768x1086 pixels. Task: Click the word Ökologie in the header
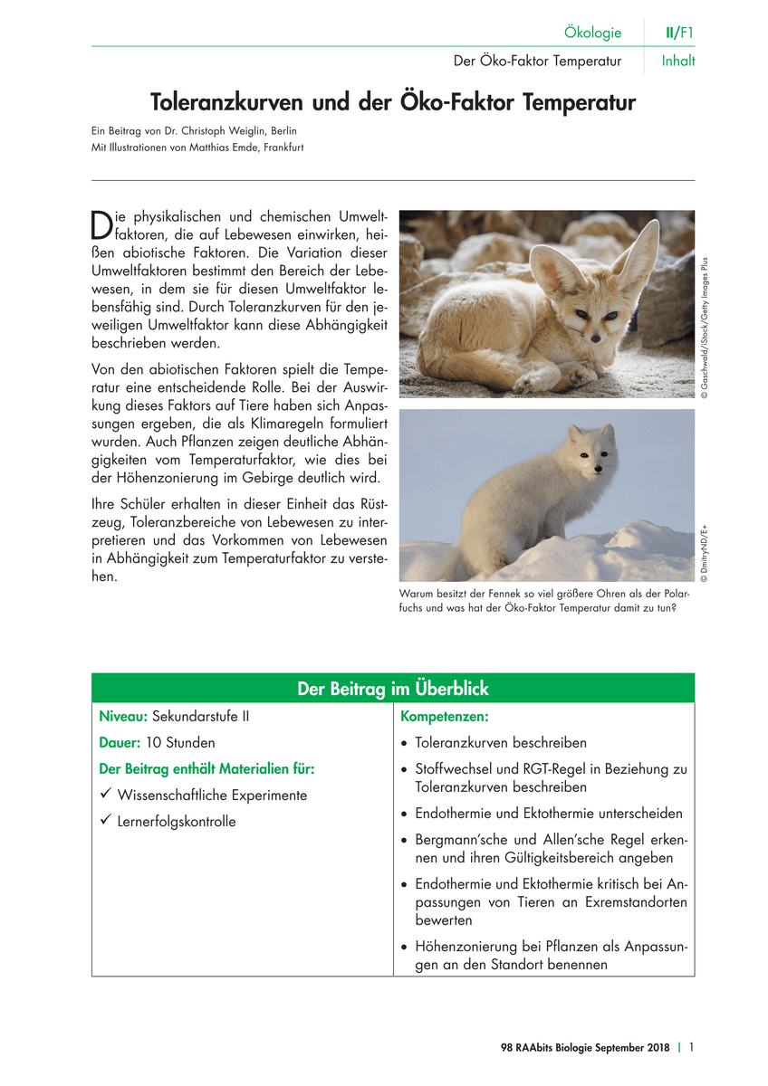point(592,33)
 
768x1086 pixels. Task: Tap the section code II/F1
point(679,33)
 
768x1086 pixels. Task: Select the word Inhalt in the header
point(678,62)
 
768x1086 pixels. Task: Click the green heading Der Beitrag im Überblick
point(393,689)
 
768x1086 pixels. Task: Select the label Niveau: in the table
point(123,717)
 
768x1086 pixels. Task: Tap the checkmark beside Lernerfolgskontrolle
point(106,821)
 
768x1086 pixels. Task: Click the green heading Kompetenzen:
point(444,717)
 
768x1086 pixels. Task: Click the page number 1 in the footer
point(691,1048)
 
